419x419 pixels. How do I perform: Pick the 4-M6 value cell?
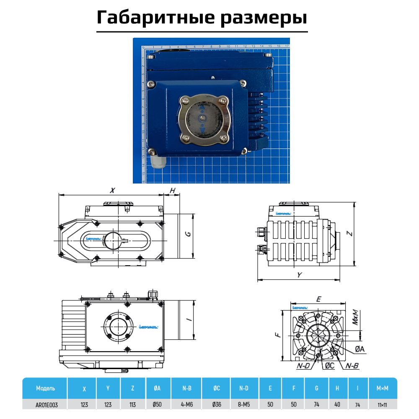(187, 405)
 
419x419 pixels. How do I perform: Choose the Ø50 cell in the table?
(157, 405)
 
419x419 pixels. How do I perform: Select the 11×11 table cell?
(382, 405)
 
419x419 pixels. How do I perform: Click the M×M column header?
(382, 388)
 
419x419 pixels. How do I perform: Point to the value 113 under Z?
(133, 405)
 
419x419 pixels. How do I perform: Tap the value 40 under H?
(337, 405)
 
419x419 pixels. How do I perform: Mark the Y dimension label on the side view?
(299, 274)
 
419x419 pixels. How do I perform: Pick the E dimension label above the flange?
(318, 299)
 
